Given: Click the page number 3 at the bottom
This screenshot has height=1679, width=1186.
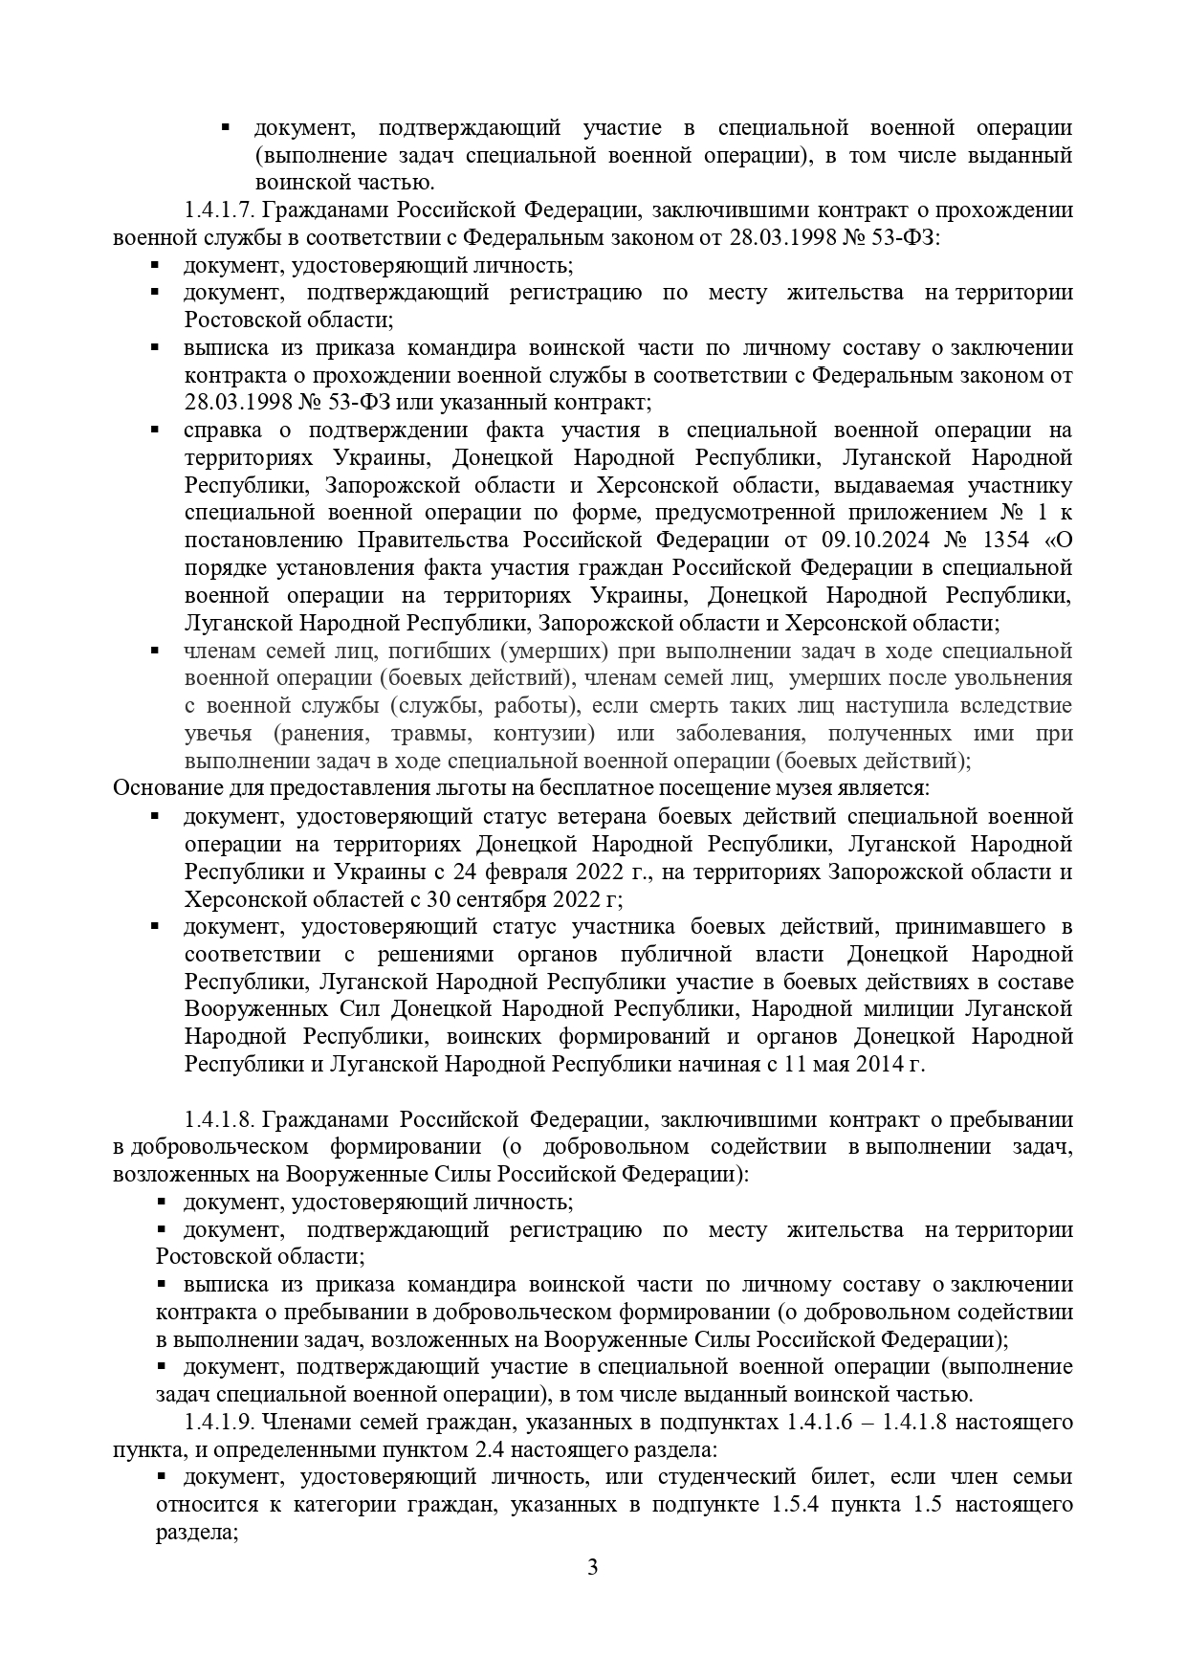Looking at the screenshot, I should [x=593, y=1595].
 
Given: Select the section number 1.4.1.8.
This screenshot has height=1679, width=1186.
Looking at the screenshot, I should [x=219, y=1119].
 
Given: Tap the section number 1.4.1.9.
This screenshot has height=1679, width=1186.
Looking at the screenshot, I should [x=219, y=1422].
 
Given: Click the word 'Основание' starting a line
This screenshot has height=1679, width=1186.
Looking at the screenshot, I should [x=157, y=789].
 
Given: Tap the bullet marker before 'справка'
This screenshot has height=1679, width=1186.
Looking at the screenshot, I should [x=155, y=431].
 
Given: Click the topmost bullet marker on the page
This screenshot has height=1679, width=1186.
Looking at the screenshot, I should [x=227, y=127].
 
